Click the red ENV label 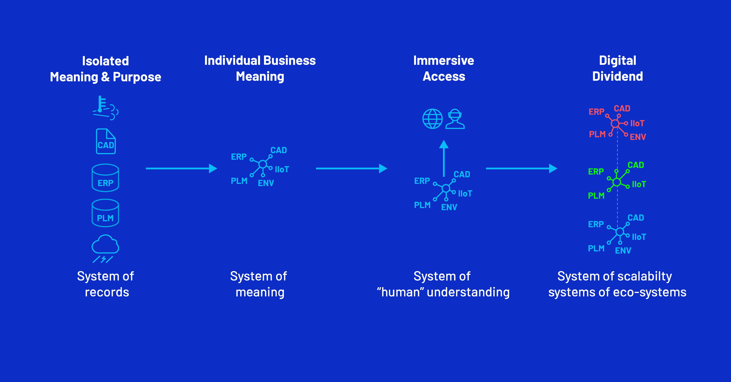click(x=638, y=137)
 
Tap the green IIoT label click(x=639, y=184)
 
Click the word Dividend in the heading click(x=618, y=77)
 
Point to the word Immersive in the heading click(x=444, y=60)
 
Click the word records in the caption click(x=107, y=292)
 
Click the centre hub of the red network click(x=615, y=123)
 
